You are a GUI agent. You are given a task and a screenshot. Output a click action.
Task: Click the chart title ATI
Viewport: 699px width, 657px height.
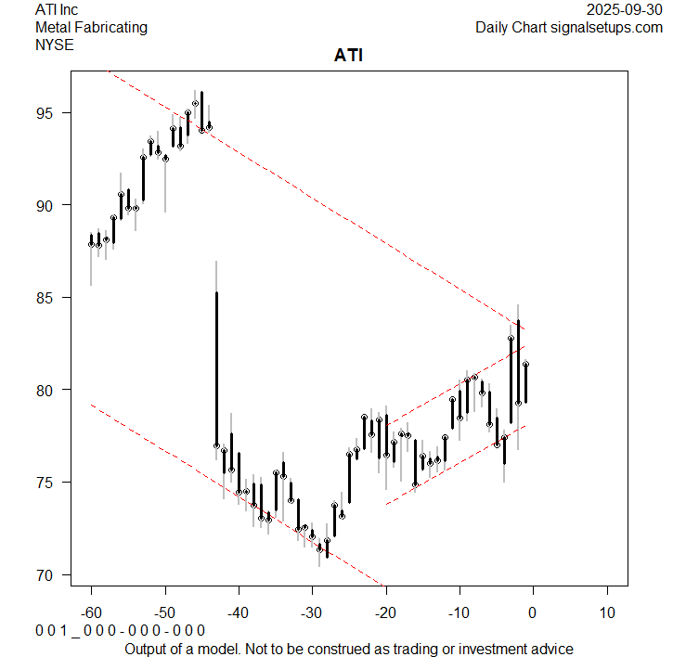pyautogui.click(x=349, y=56)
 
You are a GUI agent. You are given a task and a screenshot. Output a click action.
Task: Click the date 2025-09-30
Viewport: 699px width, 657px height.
pyautogui.click(x=625, y=9)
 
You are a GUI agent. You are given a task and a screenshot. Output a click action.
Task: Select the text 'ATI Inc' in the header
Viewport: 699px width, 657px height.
pyautogui.click(x=57, y=9)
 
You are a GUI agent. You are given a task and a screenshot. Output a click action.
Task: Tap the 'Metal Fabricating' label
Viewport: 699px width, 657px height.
pyautogui.click(x=91, y=27)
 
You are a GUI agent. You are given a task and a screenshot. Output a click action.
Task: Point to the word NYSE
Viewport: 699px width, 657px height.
pyautogui.click(x=54, y=44)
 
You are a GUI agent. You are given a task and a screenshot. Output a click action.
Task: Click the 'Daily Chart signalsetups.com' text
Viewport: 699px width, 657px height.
pyautogui.click(x=569, y=27)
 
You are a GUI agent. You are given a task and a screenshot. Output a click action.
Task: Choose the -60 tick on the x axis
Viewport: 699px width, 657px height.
pyautogui.click(x=91, y=613)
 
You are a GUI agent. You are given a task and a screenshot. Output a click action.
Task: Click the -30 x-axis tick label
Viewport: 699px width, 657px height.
pyautogui.click(x=312, y=613)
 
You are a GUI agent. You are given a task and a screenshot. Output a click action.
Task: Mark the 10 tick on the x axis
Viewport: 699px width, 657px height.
pyautogui.click(x=606, y=613)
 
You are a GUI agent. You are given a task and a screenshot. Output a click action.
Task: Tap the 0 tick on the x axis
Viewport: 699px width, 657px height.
pyautogui.click(x=533, y=613)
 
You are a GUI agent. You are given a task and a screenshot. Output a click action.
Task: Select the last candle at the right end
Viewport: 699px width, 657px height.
pyautogui.click(x=525, y=382)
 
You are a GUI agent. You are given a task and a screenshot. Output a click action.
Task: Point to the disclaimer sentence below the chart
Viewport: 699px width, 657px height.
pyautogui.click(x=349, y=649)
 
